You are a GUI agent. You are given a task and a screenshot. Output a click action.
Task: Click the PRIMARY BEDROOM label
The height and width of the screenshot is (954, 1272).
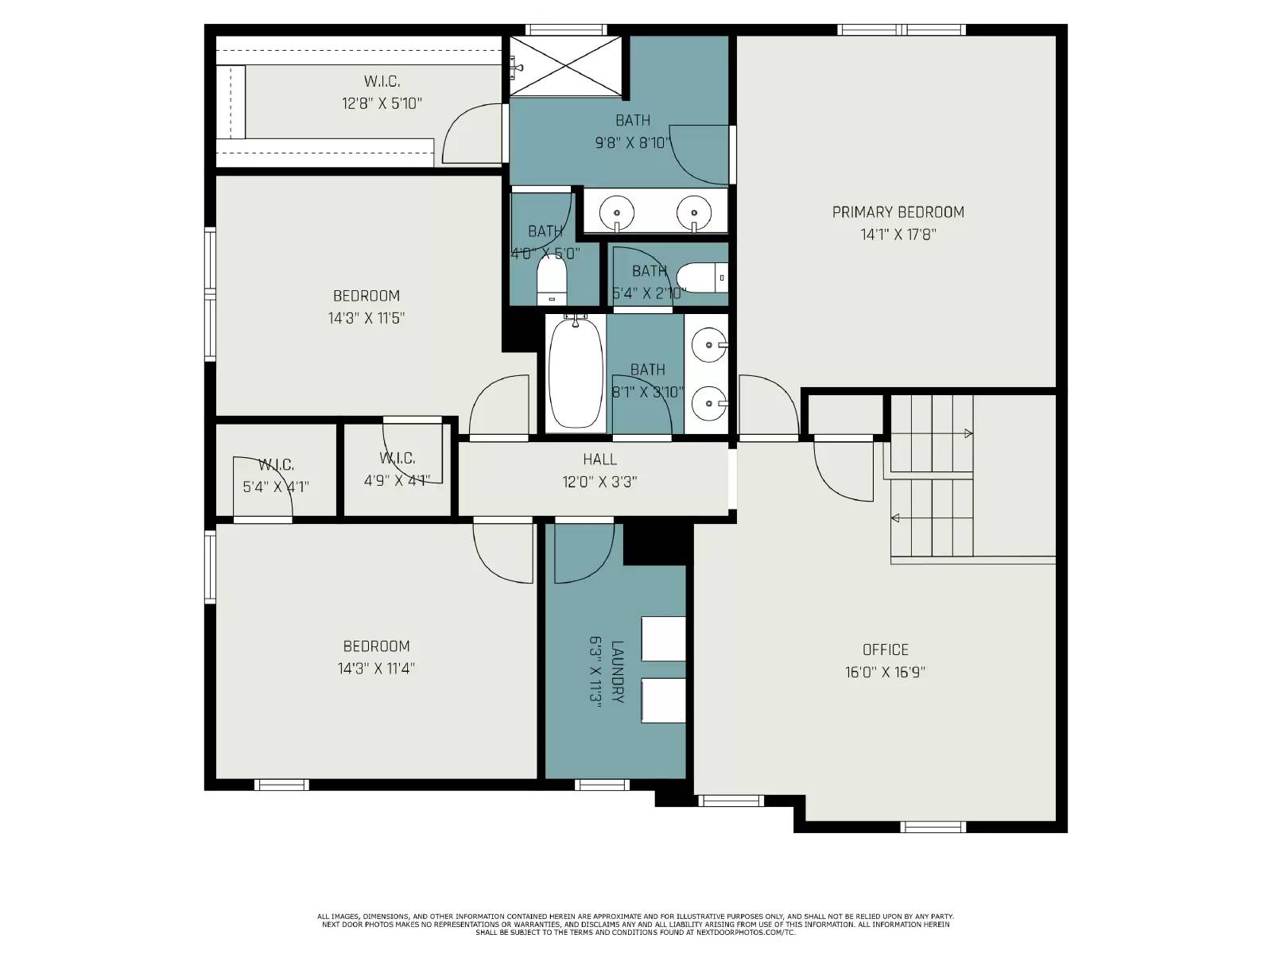[898, 212]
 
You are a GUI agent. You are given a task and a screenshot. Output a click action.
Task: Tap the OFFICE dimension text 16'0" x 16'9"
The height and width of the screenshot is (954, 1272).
[885, 673]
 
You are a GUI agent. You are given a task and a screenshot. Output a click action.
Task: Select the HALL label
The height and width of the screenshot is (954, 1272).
[599, 460]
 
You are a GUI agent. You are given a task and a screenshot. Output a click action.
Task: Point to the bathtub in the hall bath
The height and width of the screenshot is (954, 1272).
[575, 373]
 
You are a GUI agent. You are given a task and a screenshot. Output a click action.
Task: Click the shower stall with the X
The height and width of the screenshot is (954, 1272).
[566, 65]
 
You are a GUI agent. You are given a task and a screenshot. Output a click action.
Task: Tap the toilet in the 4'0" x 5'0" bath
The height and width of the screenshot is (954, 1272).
[551, 280]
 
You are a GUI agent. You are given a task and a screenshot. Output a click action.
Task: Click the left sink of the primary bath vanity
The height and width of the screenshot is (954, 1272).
[616, 212]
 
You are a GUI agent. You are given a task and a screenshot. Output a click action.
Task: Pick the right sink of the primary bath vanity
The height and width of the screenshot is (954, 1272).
[693, 211]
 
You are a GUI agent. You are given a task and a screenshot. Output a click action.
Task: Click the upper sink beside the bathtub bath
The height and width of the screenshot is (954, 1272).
[707, 345]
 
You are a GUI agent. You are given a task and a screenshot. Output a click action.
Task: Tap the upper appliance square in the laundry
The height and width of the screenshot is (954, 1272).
[663, 638]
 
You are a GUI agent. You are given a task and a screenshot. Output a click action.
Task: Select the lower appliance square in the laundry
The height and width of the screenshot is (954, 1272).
[663, 700]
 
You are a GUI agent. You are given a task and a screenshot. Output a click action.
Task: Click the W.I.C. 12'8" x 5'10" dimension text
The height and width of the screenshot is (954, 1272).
[382, 103]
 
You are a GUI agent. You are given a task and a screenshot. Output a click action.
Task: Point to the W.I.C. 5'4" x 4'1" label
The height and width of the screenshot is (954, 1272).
[276, 465]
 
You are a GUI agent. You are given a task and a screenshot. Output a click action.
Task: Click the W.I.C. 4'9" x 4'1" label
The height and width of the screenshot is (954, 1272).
[397, 459]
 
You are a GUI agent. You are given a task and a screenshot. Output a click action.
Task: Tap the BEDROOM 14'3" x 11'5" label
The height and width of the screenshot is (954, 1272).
[366, 297]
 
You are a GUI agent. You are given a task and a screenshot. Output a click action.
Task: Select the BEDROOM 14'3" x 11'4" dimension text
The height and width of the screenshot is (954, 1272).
[376, 669]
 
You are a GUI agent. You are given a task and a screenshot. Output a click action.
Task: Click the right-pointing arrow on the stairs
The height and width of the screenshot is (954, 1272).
[968, 434]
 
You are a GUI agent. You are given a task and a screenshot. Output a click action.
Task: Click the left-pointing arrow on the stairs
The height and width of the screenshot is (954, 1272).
[895, 518]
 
